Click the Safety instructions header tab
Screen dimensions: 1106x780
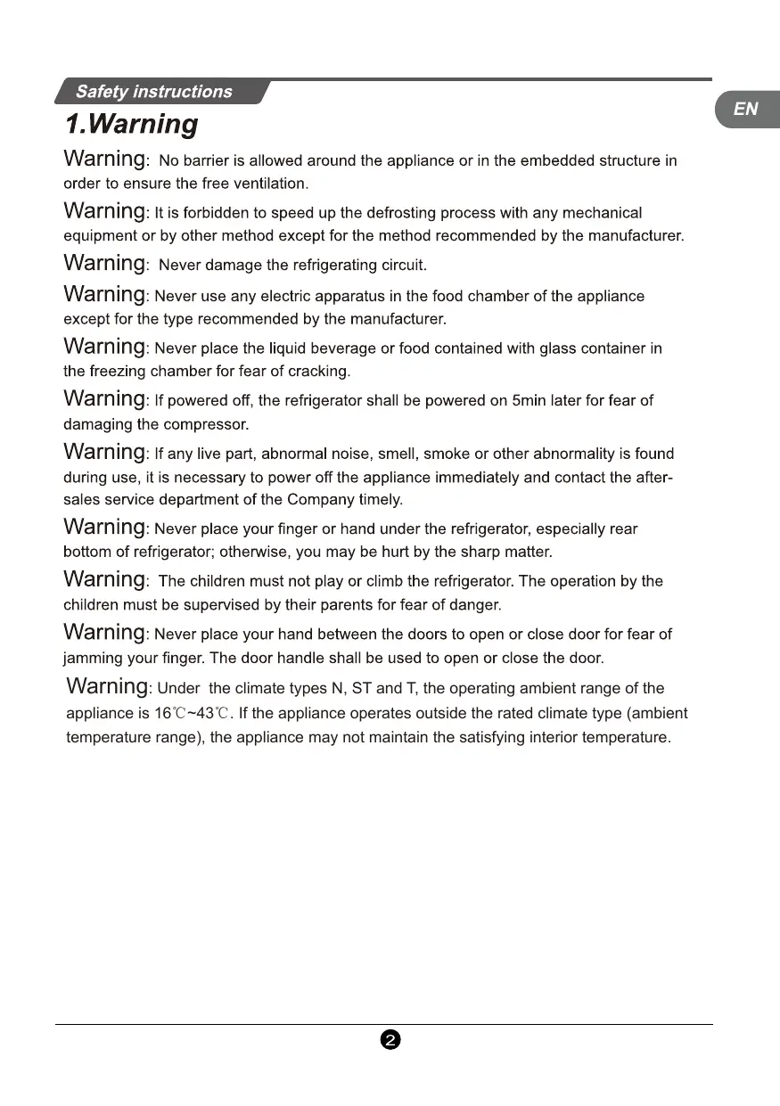(x=153, y=92)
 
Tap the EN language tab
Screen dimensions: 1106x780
(x=745, y=109)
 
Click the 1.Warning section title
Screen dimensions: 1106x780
(x=131, y=124)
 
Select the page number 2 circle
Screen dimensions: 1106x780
(x=389, y=1039)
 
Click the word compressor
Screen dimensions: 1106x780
(x=203, y=424)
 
